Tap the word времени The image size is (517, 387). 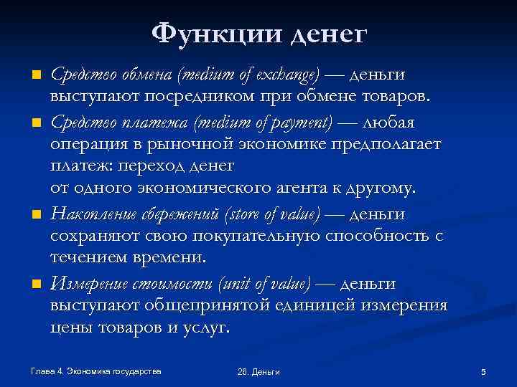(x=169, y=257)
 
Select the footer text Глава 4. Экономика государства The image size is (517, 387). (x=96, y=371)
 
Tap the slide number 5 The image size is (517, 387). (x=483, y=371)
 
